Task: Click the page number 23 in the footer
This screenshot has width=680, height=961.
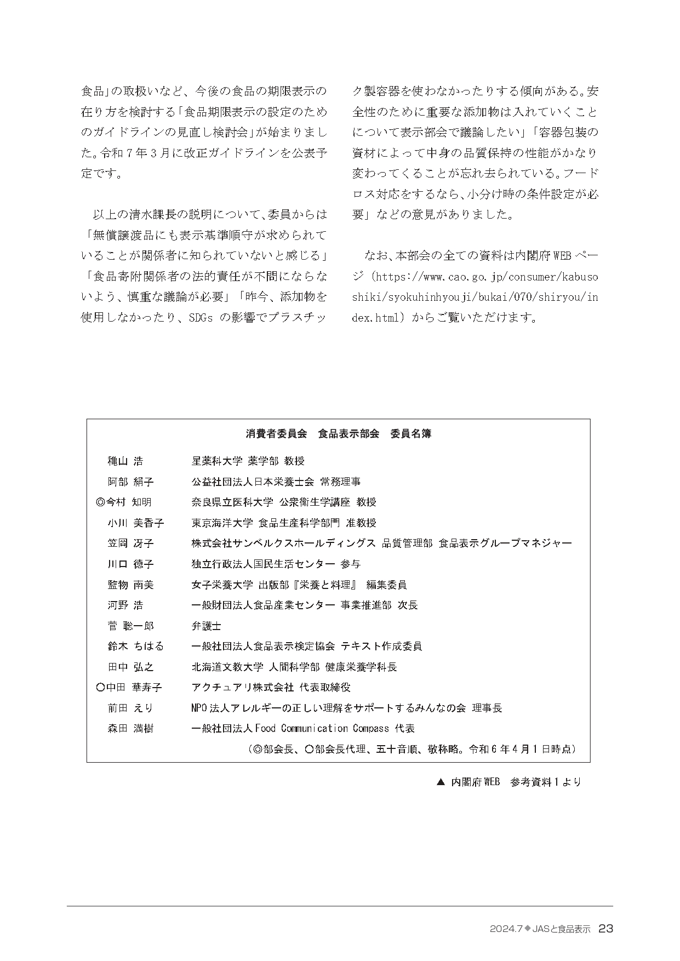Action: click(605, 929)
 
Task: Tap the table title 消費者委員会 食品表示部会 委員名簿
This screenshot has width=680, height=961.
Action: click(339, 433)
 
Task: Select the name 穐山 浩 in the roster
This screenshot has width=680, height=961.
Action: click(125, 461)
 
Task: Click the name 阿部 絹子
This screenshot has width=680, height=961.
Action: click(130, 482)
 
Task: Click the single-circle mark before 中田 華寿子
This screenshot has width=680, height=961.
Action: click(100, 687)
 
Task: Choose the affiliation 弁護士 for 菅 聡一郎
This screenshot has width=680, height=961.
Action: click(206, 626)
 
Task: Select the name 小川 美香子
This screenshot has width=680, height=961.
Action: click(135, 523)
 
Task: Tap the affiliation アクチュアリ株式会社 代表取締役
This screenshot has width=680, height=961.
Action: click(271, 687)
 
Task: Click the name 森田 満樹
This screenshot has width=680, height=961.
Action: click(130, 728)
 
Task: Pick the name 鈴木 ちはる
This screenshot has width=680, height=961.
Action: click(135, 646)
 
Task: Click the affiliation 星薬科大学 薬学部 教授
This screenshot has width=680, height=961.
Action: click(248, 461)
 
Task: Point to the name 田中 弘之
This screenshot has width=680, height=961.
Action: click(130, 667)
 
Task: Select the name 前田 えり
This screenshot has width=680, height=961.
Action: click(130, 708)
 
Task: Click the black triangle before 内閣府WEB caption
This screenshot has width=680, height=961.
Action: click(439, 782)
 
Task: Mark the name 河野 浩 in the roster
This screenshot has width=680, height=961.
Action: click(125, 605)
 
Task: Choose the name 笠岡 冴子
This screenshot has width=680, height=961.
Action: click(130, 543)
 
